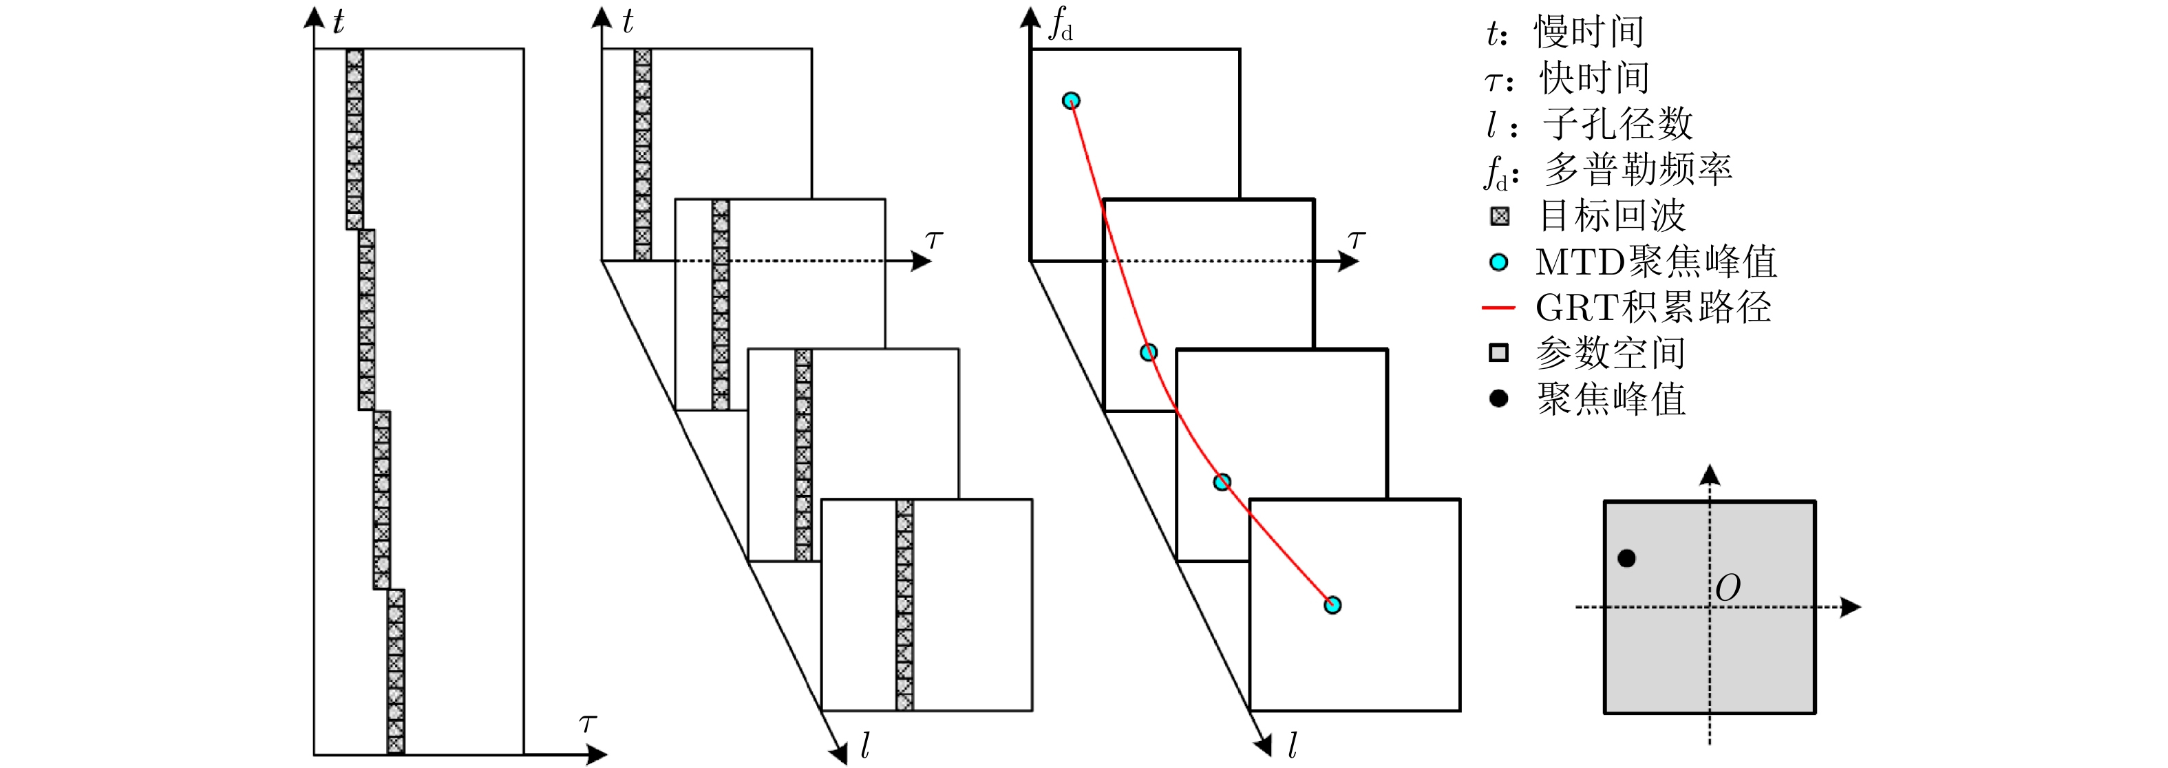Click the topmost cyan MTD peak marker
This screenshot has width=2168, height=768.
[1070, 101]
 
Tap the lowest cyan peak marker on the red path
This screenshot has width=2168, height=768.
[1332, 605]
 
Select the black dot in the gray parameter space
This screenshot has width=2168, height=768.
[1627, 557]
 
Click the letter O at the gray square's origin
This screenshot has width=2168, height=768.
[1728, 588]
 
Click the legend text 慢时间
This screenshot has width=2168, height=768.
[1589, 32]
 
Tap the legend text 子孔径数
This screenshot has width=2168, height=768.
[1617, 125]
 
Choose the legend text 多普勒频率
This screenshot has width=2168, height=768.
[1638, 170]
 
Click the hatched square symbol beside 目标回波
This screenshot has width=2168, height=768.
[1499, 216]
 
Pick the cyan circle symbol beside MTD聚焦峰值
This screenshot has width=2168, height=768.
[1498, 262]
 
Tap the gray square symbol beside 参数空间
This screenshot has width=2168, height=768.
[1498, 353]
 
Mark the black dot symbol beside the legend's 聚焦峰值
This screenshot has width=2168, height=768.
[1498, 398]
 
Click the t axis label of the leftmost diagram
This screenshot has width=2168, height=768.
[339, 23]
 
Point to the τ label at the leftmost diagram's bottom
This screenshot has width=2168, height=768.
[588, 723]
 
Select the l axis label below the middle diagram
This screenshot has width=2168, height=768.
[864, 745]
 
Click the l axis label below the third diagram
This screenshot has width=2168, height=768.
[1292, 745]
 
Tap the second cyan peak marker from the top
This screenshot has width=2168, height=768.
[1148, 352]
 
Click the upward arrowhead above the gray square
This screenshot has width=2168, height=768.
[1710, 476]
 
